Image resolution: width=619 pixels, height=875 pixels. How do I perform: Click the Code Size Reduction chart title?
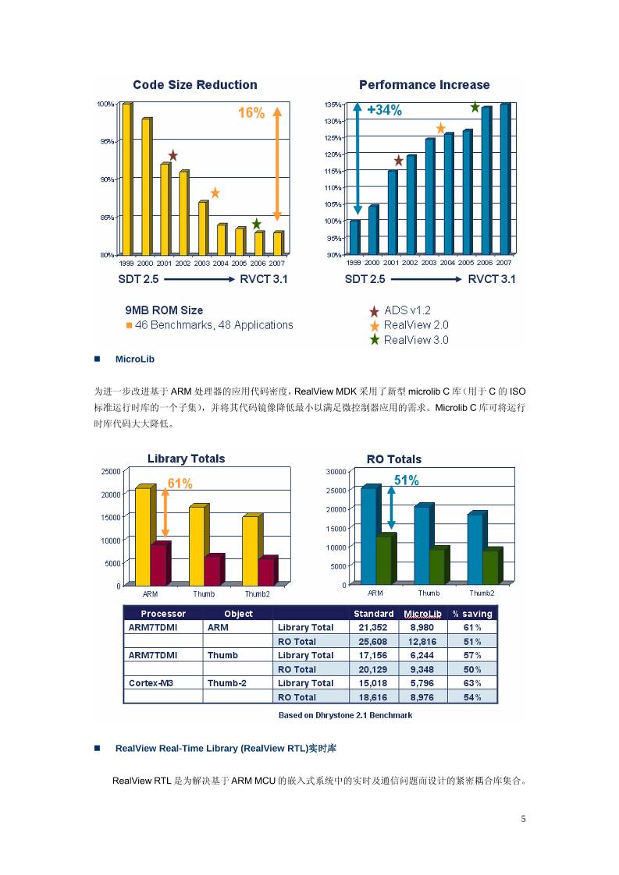coord(194,85)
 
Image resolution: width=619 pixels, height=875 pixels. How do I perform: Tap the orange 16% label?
coord(251,113)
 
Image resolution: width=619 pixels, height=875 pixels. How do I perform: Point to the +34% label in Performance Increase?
coord(384,111)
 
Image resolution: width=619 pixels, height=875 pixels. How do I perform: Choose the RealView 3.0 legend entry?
coord(415,340)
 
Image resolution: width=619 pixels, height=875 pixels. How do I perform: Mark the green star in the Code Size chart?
coord(257,225)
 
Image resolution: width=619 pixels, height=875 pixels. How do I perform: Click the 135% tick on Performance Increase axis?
coord(332,105)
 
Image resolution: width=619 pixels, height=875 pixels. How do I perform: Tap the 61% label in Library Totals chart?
coord(180,484)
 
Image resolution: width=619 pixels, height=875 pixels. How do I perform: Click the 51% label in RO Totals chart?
coord(406,480)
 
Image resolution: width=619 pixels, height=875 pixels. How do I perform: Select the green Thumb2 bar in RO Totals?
coord(490,567)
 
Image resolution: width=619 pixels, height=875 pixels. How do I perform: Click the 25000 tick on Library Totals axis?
coord(109,471)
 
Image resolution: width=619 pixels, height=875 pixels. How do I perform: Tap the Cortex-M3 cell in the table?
coord(151,683)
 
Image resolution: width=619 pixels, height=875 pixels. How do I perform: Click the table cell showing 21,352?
coord(373,627)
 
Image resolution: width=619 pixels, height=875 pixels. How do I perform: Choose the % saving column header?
coord(472,614)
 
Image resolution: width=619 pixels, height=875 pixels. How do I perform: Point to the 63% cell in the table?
coord(472,683)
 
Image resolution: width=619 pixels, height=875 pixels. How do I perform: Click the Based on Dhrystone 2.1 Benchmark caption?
coord(345,715)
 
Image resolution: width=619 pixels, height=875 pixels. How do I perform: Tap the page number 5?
coord(524,819)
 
